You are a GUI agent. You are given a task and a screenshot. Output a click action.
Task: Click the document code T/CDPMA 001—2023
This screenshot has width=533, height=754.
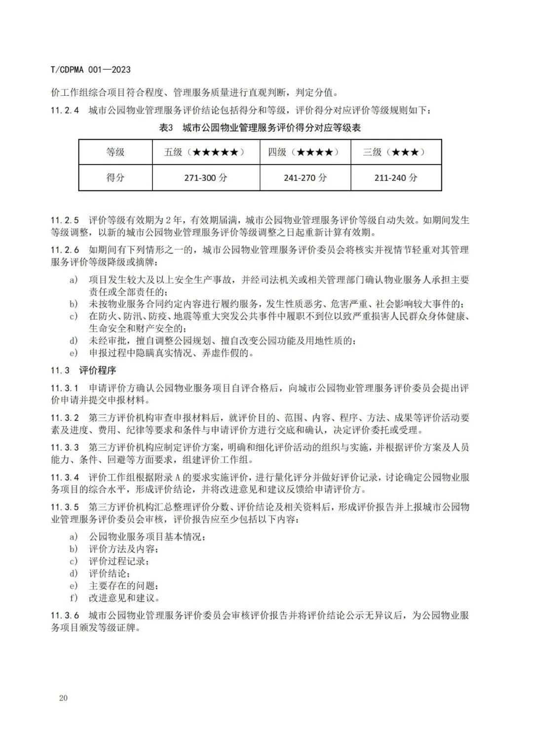click(x=91, y=70)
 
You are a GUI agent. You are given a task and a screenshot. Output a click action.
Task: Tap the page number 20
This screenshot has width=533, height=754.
click(x=63, y=698)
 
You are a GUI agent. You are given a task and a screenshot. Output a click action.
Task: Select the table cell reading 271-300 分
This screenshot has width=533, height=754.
click(x=206, y=178)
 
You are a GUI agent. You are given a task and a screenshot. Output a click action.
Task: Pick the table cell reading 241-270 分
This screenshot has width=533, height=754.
click(x=305, y=178)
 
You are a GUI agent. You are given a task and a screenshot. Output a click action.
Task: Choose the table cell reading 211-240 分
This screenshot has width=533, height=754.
click(x=396, y=178)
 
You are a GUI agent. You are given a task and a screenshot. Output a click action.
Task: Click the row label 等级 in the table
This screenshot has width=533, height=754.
click(x=115, y=152)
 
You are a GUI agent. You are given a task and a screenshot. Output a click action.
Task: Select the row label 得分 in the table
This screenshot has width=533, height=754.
click(x=115, y=178)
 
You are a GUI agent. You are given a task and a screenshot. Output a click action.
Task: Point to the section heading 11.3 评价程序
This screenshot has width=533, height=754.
click(x=83, y=370)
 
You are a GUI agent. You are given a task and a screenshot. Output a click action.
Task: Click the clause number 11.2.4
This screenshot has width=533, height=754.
click(x=65, y=110)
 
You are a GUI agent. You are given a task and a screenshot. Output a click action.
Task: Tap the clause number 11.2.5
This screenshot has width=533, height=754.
click(x=65, y=220)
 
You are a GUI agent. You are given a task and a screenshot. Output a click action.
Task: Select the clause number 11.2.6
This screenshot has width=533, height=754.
click(x=65, y=250)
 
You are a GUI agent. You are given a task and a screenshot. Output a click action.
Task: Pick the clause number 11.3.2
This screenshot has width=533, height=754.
click(x=65, y=418)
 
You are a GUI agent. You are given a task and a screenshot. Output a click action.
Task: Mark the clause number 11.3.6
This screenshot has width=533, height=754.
click(x=65, y=616)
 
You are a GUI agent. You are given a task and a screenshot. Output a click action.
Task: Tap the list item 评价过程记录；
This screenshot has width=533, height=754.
click(x=119, y=561)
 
